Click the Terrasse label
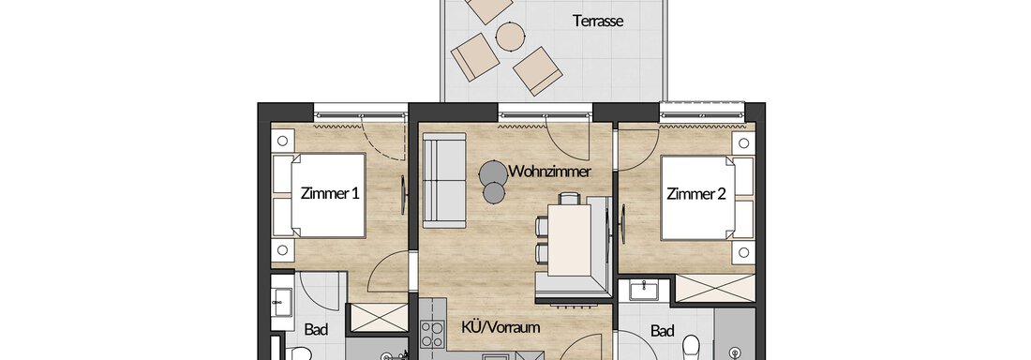tap(598, 21)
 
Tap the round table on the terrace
tap(510, 36)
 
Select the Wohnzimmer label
tap(550, 172)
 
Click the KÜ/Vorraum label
tap(501, 326)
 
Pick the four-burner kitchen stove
tap(432, 334)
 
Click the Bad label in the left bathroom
tap(316, 330)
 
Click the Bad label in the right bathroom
tap(662, 330)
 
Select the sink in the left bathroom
tap(283, 301)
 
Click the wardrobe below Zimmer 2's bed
tap(715, 288)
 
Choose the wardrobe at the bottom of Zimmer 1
tap(377, 317)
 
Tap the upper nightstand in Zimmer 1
tap(283, 141)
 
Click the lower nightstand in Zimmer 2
tap(743, 252)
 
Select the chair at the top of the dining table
tap(570, 198)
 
